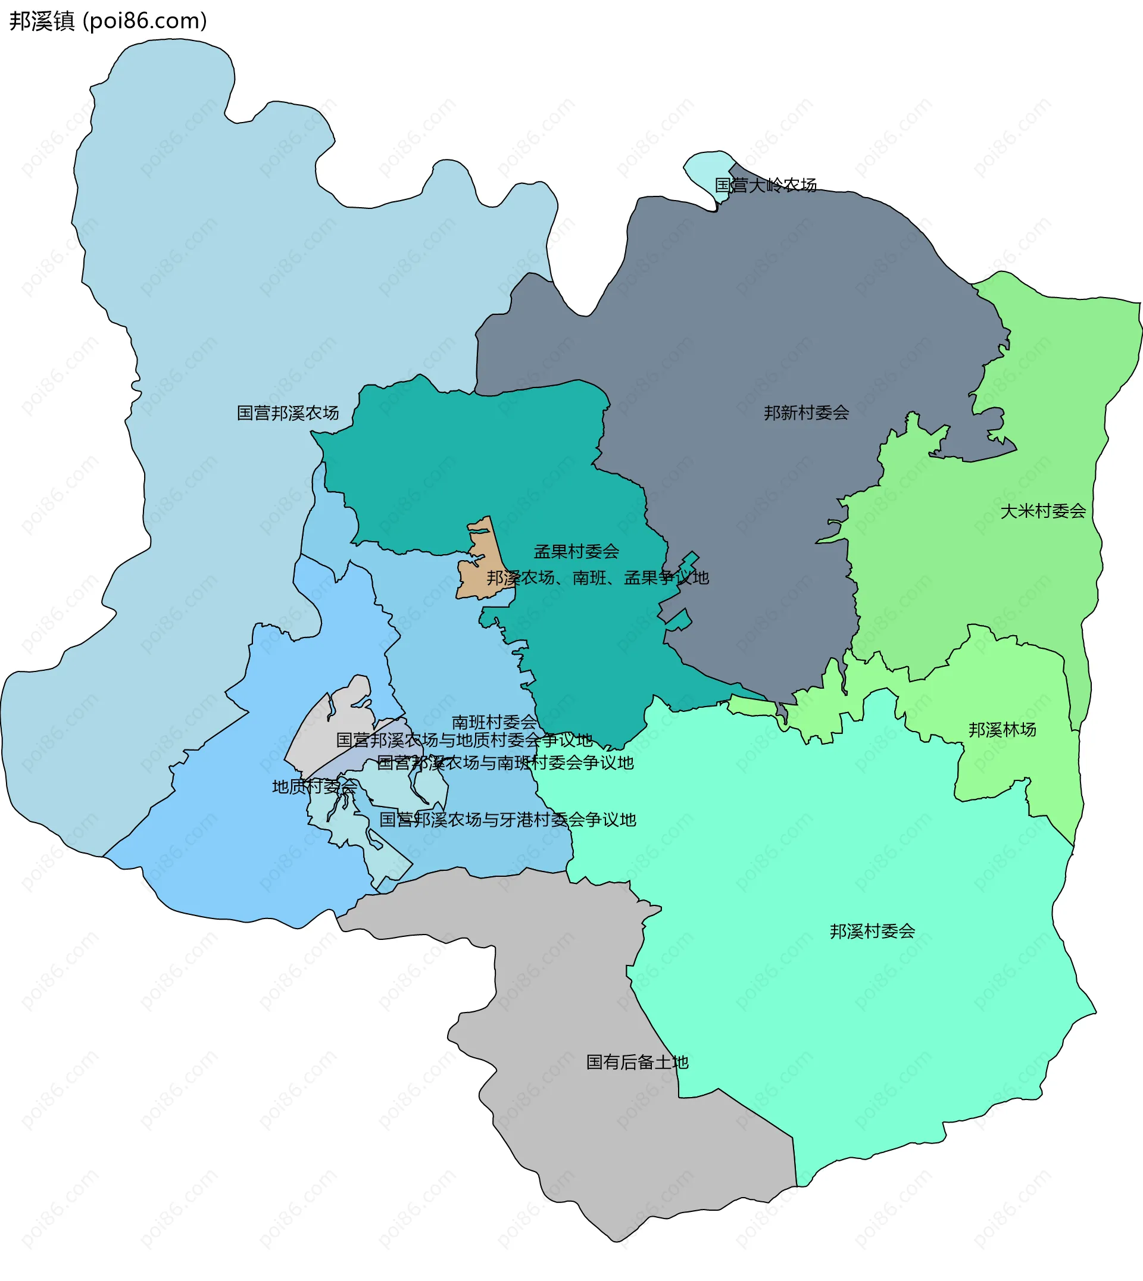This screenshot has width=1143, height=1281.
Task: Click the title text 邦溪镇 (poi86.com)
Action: click(x=108, y=21)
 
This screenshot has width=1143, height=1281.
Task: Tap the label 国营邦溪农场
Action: click(x=288, y=413)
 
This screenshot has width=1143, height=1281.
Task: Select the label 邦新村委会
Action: click(x=807, y=413)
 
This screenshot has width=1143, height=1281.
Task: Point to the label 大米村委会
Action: click(x=1042, y=511)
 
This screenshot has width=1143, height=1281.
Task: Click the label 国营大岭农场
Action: click(x=766, y=185)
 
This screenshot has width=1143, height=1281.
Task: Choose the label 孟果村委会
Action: click(x=576, y=552)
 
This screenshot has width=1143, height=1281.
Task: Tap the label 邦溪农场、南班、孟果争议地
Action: click(x=597, y=578)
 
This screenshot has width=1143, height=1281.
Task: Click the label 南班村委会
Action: click(x=494, y=722)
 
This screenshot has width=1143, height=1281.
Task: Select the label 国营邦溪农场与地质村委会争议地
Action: click(x=464, y=741)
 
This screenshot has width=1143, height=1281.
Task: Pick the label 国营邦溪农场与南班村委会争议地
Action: click(x=505, y=763)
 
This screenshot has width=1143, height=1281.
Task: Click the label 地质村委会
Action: click(x=314, y=786)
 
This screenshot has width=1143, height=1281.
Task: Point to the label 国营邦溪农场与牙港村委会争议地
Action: click(x=507, y=820)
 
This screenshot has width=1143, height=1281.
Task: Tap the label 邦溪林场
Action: click(x=1002, y=730)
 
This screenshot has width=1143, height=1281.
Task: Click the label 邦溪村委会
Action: click(x=872, y=931)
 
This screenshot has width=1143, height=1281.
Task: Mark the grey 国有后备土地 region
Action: click(x=565, y=1005)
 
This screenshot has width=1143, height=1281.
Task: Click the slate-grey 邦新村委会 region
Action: click(x=754, y=314)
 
